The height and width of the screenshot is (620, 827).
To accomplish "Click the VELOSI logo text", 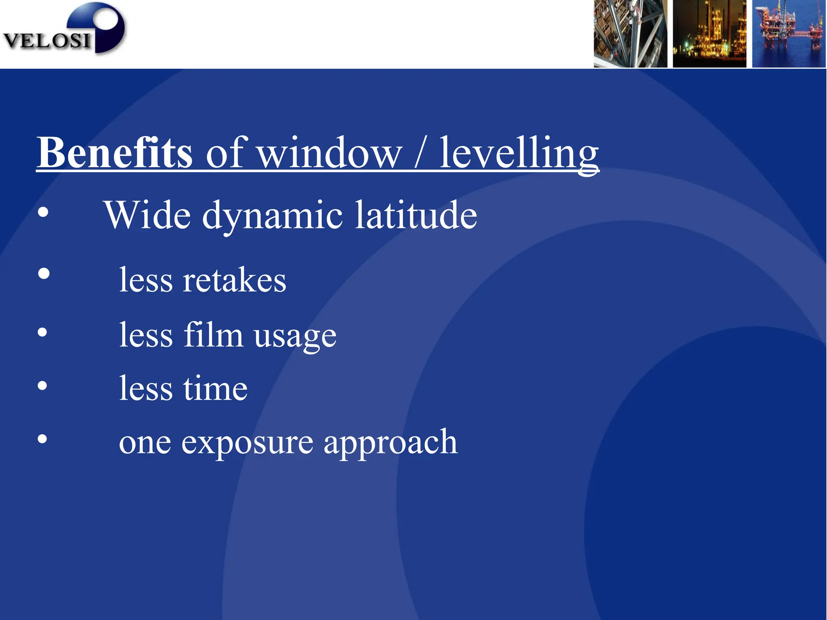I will (x=47, y=40).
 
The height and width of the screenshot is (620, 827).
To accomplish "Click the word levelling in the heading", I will (x=519, y=153).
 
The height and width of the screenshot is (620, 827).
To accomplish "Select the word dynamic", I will (x=273, y=216).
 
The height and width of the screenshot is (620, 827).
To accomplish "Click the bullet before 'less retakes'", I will (x=44, y=274).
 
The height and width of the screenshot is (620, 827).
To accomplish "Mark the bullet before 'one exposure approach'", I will (x=42, y=439).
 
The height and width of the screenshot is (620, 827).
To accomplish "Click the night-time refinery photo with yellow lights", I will (x=709, y=34).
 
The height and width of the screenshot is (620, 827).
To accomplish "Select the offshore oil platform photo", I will (x=788, y=34).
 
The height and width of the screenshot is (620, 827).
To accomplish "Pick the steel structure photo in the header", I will (x=630, y=34).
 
